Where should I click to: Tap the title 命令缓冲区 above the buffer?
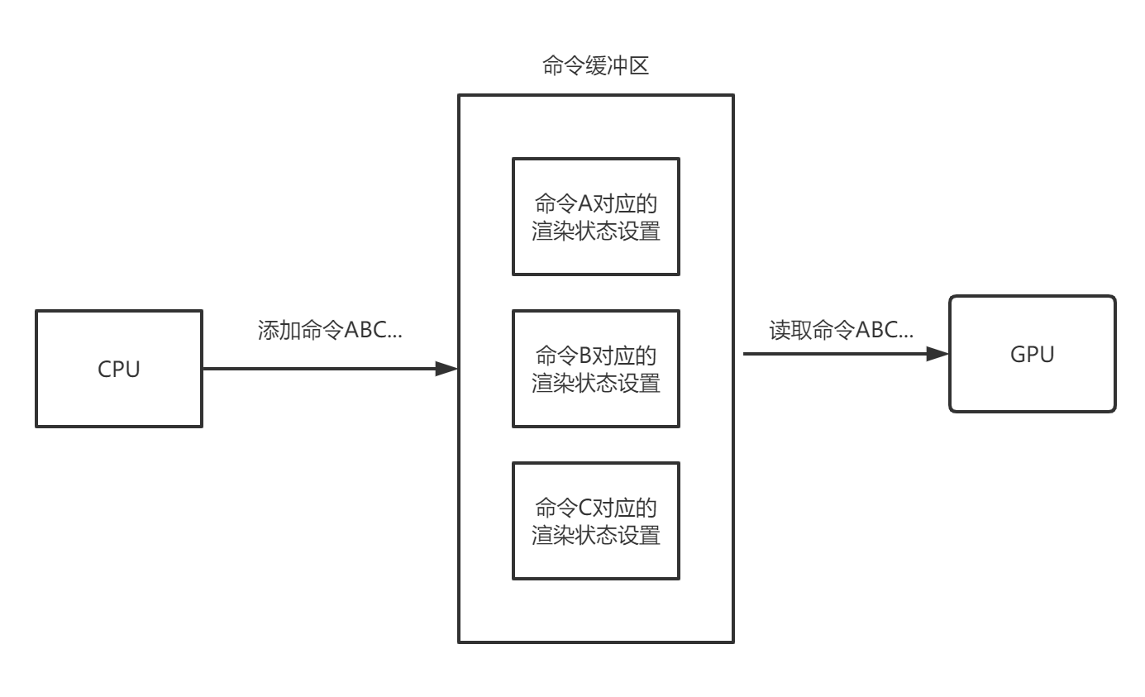(x=595, y=66)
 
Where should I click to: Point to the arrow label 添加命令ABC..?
(x=330, y=331)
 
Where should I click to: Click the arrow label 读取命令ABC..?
(x=841, y=331)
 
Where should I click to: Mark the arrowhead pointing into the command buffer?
(x=447, y=369)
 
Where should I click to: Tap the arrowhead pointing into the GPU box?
(x=937, y=354)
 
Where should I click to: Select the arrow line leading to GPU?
(x=835, y=354)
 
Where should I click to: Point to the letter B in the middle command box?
(x=585, y=356)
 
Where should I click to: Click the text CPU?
(x=119, y=370)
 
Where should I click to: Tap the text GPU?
(x=1032, y=355)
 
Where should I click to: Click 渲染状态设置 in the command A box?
(x=595, y=232)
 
